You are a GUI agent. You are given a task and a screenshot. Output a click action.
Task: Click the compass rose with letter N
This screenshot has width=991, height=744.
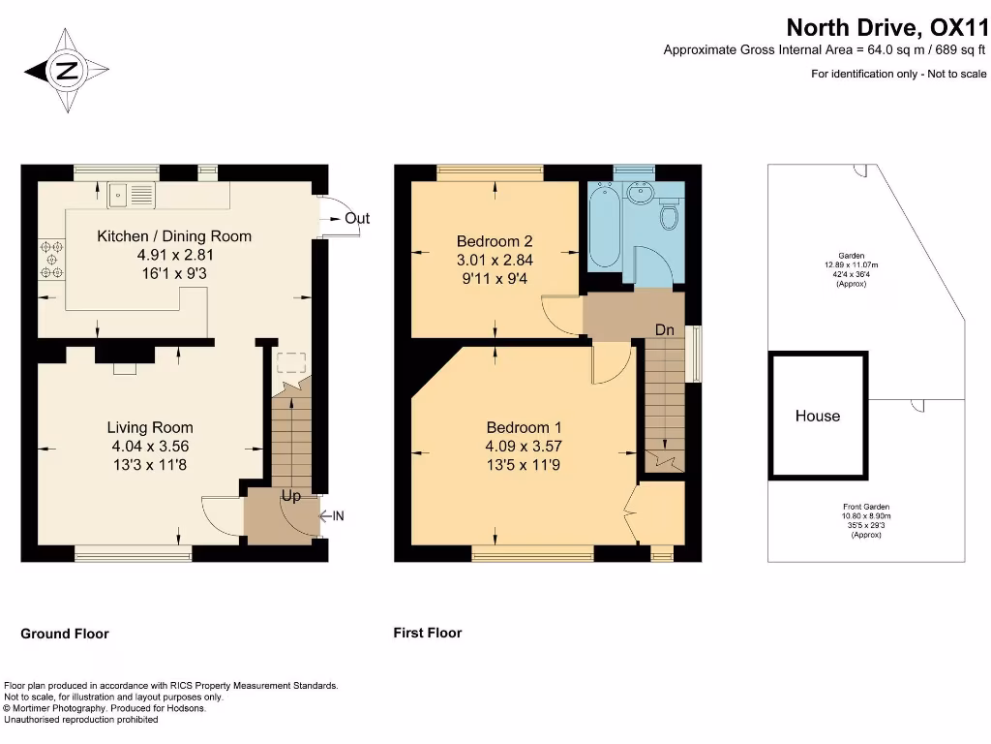coord(66,70)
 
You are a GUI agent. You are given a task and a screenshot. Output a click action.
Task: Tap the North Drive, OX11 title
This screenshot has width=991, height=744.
coord(886,26)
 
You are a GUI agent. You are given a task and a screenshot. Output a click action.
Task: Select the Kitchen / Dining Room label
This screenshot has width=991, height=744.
coord(174,236)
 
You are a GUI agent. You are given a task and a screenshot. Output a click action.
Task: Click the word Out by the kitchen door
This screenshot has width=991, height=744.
coord(357,219)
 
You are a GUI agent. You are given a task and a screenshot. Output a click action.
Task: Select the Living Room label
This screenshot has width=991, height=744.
coord(150,427)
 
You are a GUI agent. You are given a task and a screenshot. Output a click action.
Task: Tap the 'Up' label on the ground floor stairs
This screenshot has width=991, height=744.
coord(291,496)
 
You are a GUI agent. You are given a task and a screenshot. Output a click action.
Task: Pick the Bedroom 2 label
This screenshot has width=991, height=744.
coord(495,241)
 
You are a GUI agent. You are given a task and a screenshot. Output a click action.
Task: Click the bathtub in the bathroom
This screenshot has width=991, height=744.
coord(607,224)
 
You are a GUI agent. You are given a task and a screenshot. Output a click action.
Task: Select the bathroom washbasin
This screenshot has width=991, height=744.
coord(639,194)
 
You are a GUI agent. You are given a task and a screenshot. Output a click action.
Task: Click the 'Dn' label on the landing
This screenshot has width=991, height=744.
coord(665,330)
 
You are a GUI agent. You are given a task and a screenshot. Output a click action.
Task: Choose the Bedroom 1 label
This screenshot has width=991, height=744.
coord(524,427)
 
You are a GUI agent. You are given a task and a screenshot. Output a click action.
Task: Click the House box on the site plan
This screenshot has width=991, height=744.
coord(818,416)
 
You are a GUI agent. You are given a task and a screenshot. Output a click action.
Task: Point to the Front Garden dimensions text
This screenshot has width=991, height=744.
coord(865,520)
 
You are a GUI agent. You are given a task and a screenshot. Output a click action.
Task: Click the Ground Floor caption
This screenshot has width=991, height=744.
coord(65,634)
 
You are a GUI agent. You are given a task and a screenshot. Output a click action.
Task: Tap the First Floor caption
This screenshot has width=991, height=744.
coord(428,633)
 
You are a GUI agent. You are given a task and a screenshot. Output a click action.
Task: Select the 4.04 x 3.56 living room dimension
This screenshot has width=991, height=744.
coord(150,447)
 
